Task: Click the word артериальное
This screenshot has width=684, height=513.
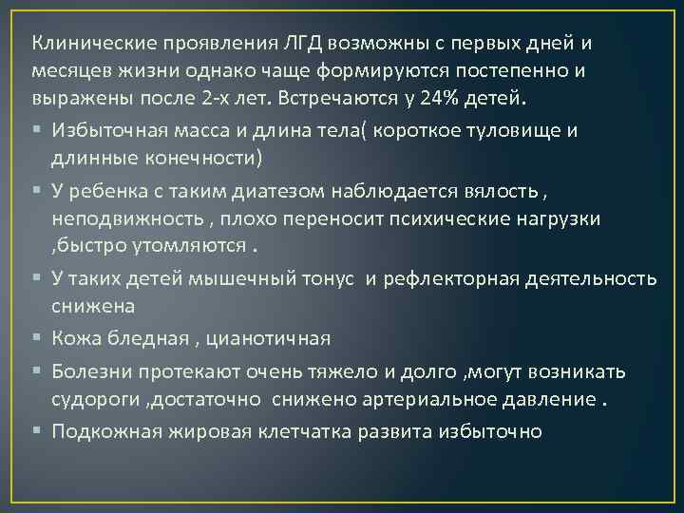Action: (413, 399)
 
